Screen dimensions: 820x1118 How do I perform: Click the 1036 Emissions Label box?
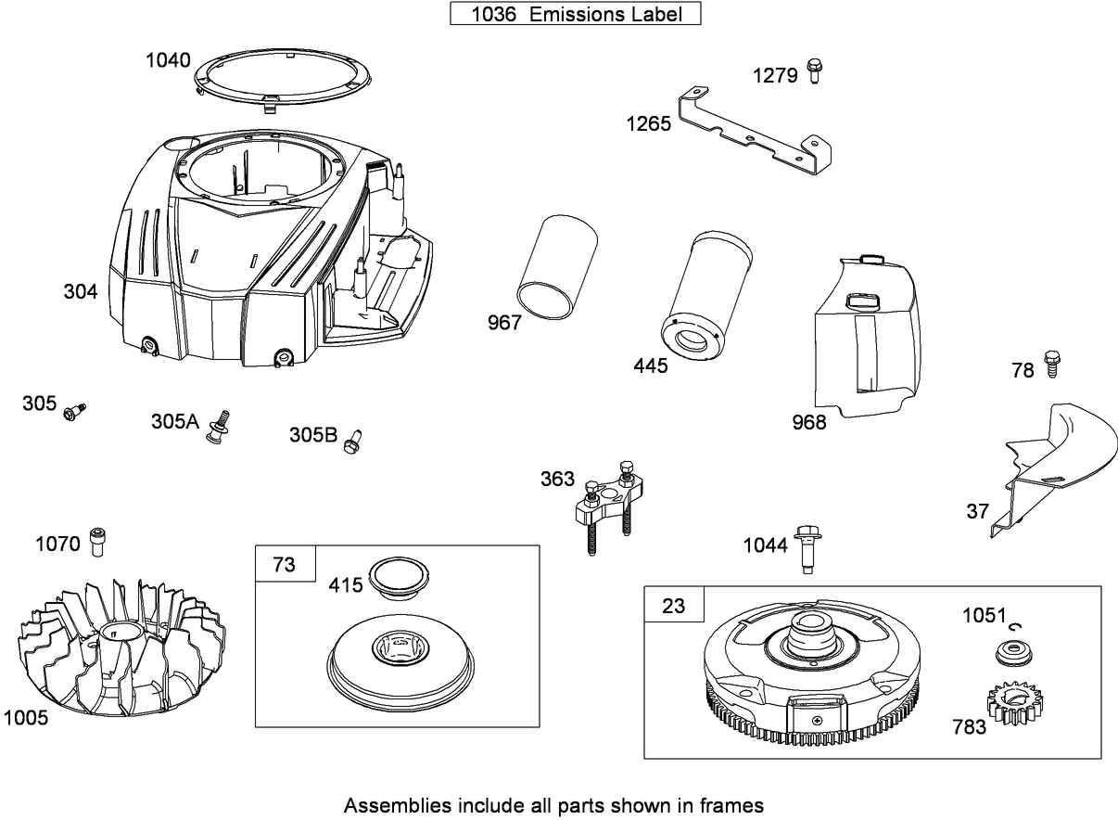[575, 14]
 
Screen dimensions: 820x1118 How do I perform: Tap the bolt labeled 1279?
[815, 70]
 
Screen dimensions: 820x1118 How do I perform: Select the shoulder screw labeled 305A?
[221, 426]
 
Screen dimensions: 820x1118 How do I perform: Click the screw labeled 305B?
[352, 442]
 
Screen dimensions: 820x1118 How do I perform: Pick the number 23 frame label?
[674, 606]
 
